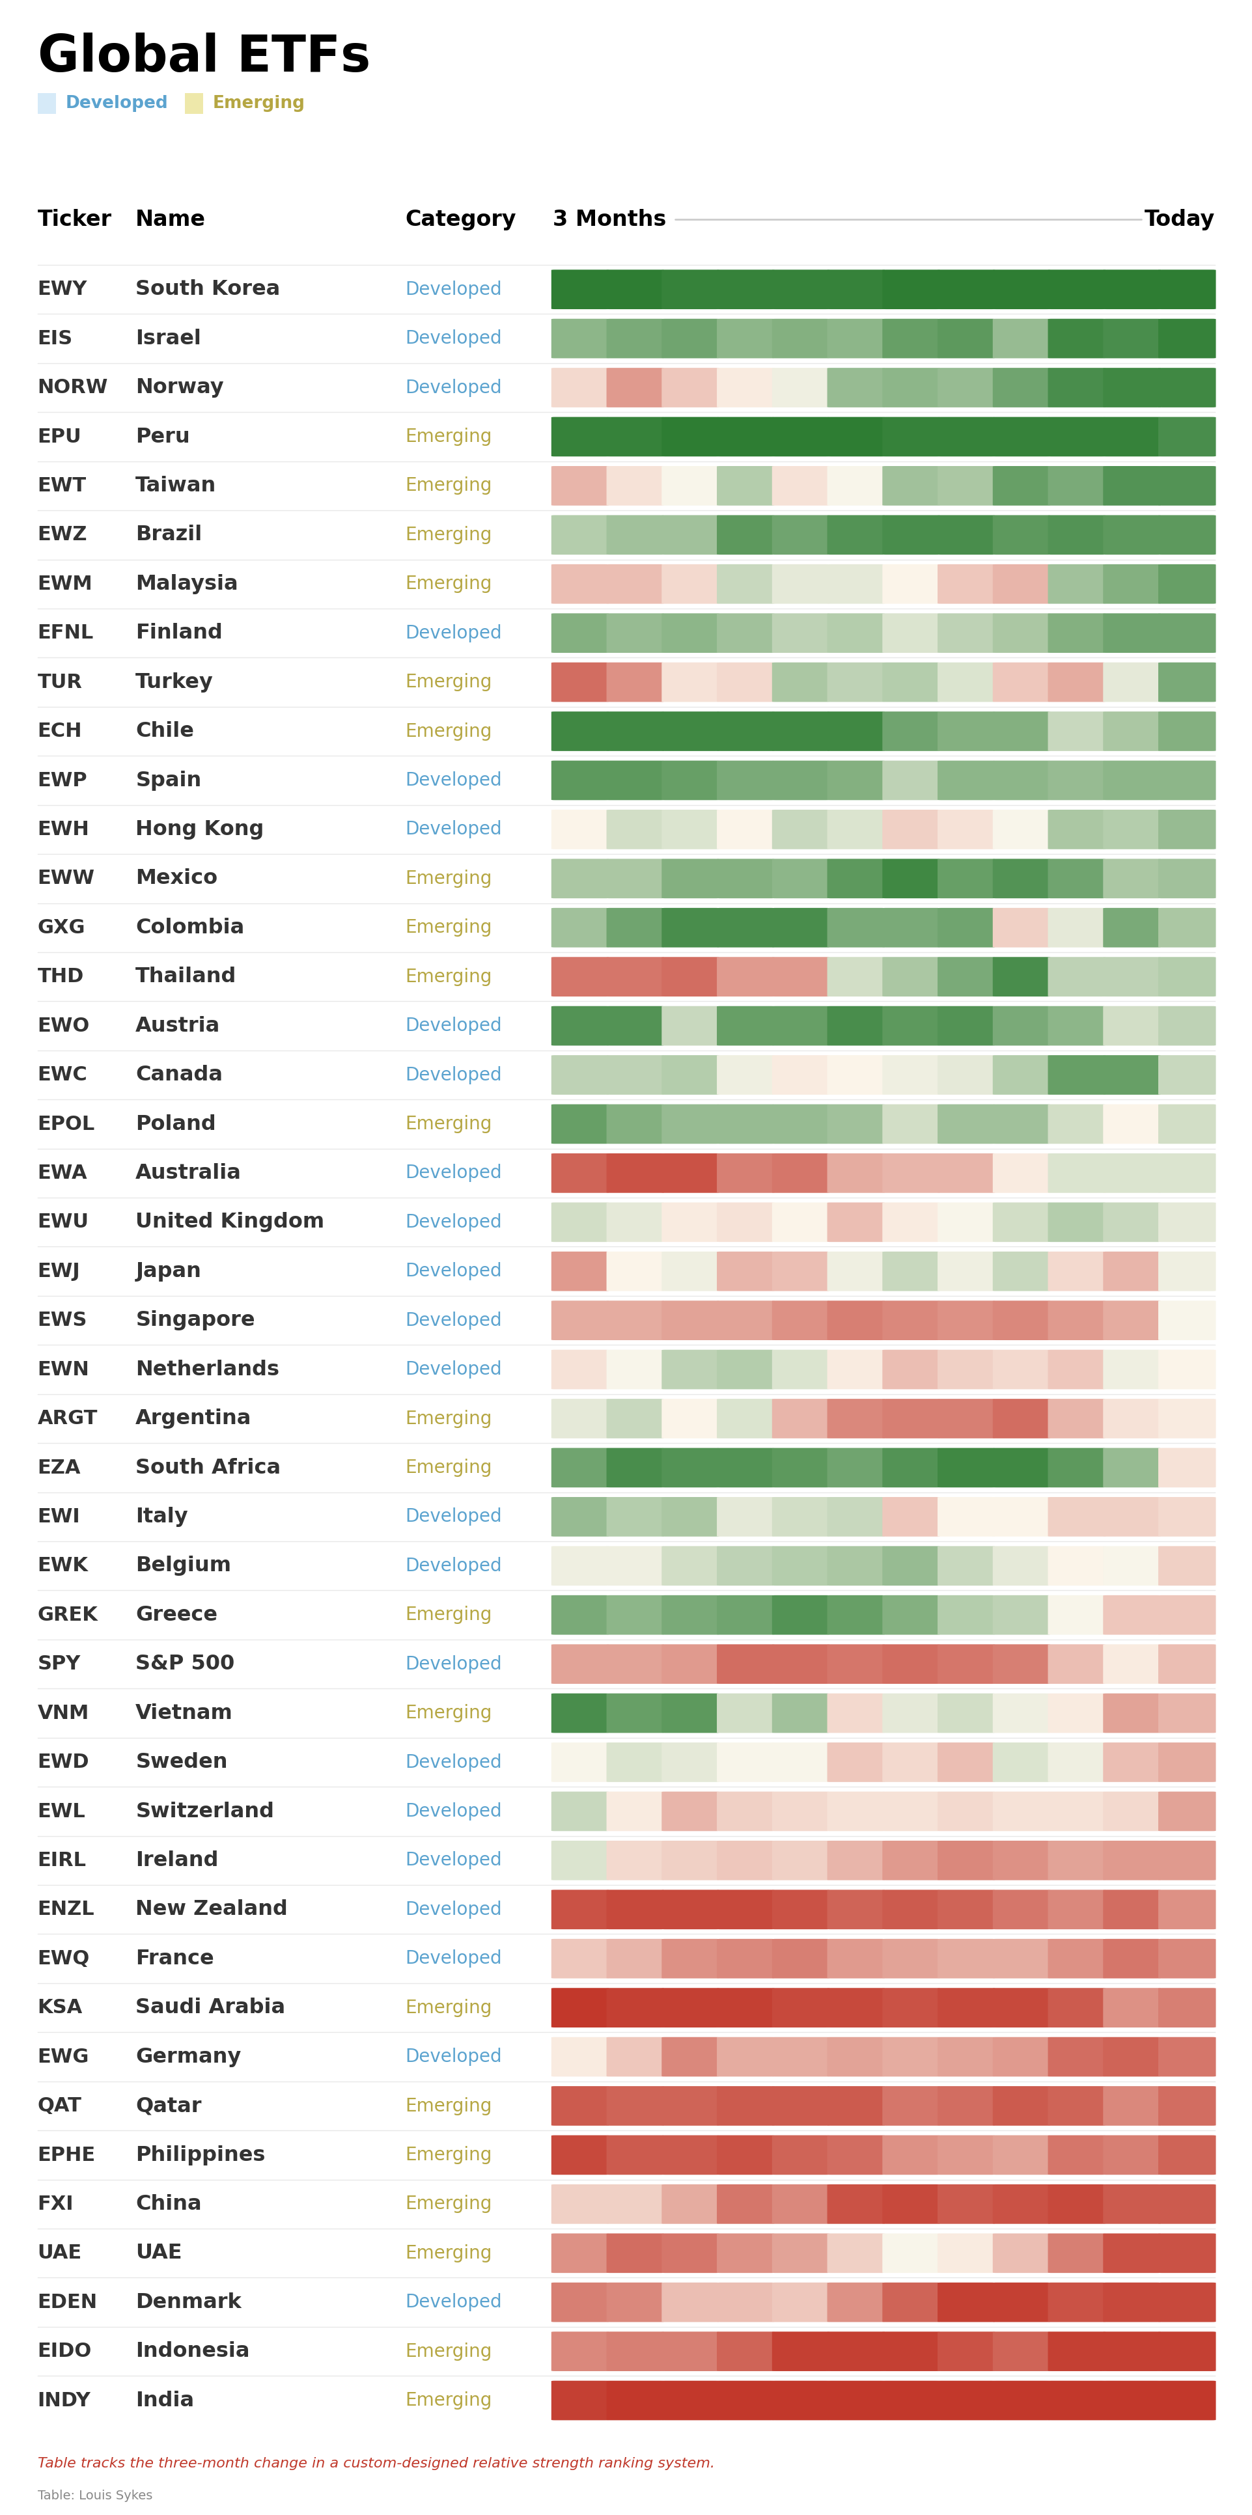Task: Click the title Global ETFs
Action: click(203, 55)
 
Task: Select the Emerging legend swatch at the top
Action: click(194, 103)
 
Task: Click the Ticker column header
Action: click(74, 219)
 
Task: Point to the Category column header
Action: click(460, 219)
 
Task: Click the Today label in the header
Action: click(1178, 219)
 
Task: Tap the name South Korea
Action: click(207, 289)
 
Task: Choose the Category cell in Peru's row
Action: click(448, 436)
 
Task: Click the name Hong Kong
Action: click(199, 829)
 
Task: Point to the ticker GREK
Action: click(68, 1614)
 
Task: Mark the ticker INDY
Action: click(64, 2400)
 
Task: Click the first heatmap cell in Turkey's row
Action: click(578, 681)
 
